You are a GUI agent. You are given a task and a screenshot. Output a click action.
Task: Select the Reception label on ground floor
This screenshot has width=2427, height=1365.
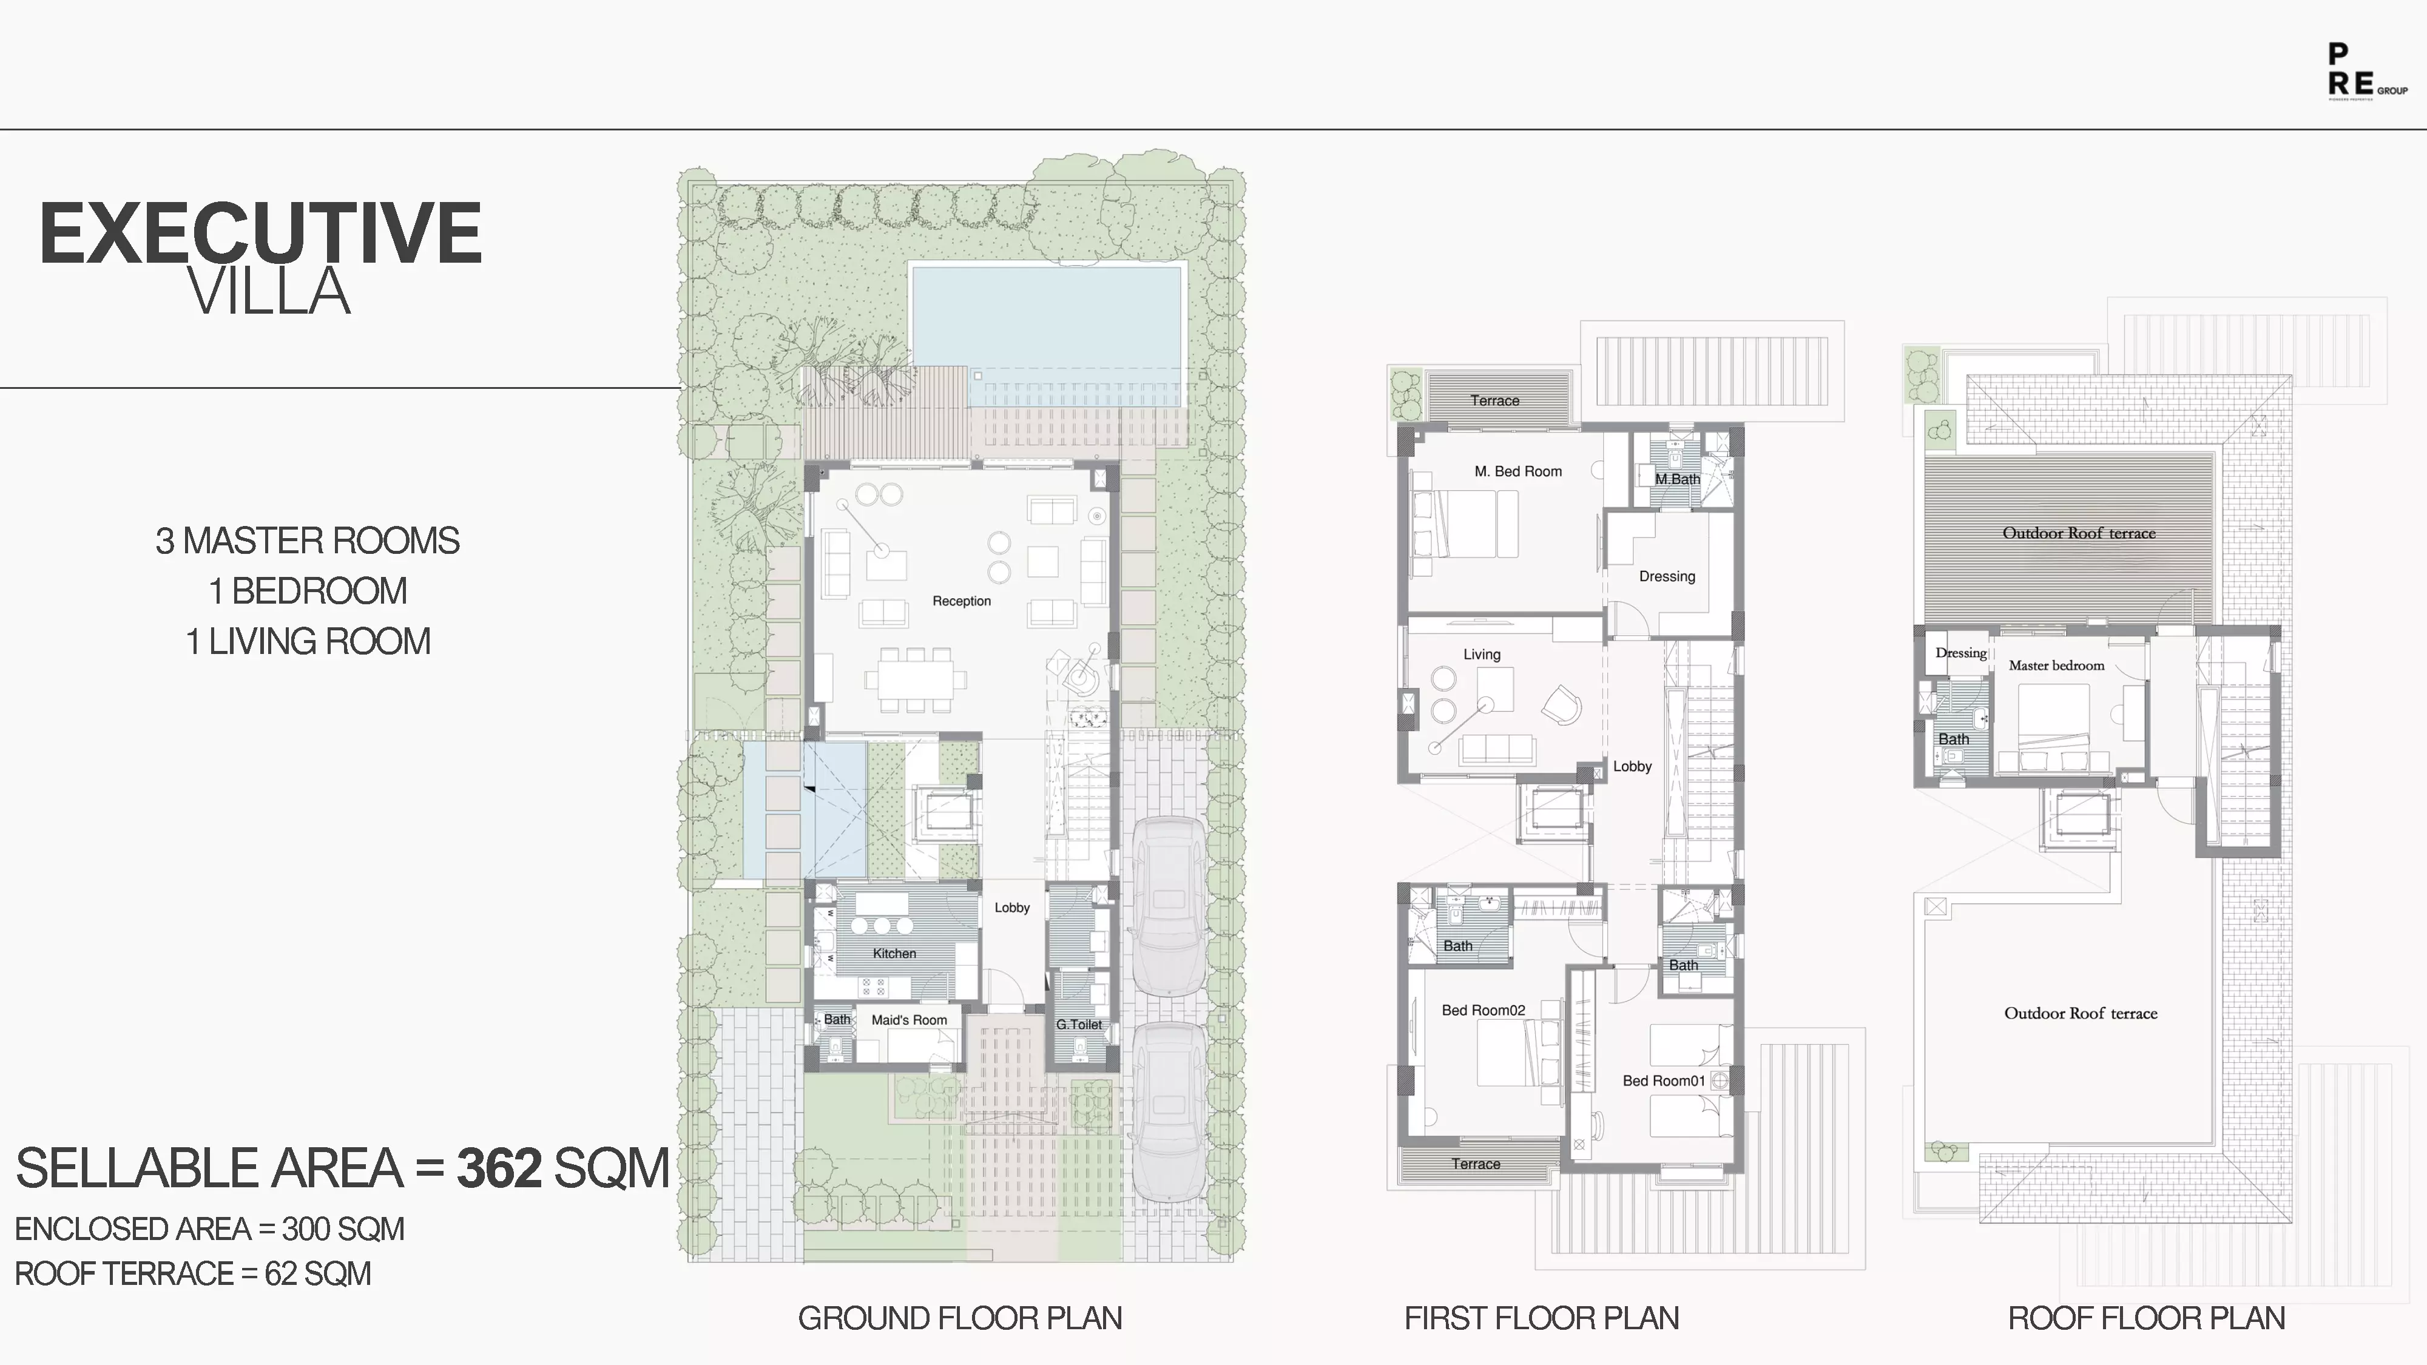click(x=961, y=601)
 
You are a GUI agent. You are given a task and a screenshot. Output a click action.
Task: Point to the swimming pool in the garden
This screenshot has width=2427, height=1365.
click(x=1046, y=320)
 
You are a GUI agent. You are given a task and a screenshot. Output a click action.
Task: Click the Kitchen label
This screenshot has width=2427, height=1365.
click(x=894, y=953)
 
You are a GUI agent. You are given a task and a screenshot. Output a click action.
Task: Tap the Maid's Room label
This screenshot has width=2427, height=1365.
click(x=909, y=1020)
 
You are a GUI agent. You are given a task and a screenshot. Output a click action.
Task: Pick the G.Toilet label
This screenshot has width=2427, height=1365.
click(x=1079, y=1025)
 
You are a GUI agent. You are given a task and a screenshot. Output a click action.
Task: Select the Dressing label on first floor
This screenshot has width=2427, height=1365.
click(x=1667, y=576)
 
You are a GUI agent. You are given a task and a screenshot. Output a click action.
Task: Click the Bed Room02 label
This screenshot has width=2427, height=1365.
click(x=1483, y=1011)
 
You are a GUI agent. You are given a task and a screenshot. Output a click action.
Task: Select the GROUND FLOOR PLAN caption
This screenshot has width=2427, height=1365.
click(x=960, y=1318)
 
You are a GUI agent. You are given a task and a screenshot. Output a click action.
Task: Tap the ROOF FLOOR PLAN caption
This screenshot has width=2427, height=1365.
click(x=2146, y=1318)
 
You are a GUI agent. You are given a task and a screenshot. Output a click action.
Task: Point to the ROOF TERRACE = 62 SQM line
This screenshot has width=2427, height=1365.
click(x=193, y=1273)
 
